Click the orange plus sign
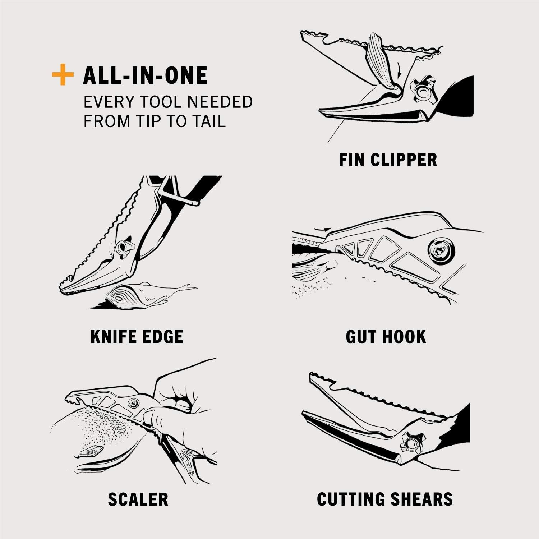click(63, 75)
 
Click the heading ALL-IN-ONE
click(145, 75)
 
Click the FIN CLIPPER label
click(388, 160)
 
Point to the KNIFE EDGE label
click(137, 337)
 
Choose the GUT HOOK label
click(386, 337)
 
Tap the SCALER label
click(138, 499)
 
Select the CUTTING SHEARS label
click(385, 499)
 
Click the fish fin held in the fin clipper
click(381, 61)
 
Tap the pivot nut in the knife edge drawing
click(123, 248)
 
